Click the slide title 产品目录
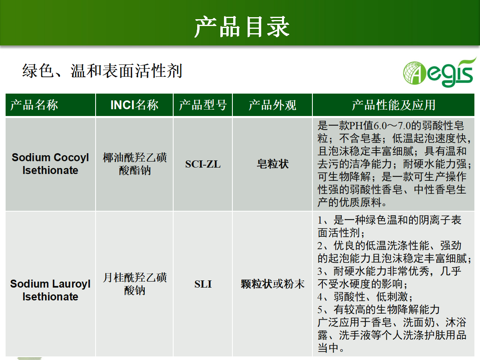[x=242, y=27]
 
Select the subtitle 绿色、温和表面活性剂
[x=102, y=71]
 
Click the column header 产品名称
[x=34, y=105]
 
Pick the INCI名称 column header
[x=134, y=105]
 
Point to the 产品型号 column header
[x=203, y=105]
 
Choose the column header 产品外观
[x=272, y=105]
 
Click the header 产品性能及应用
[x=394, y=105]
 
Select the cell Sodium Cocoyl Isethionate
[x=50, y=164]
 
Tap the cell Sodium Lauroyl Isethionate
[x=50, y=290]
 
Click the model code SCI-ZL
[x=203, y=164]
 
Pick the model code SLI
[x=203, y=284]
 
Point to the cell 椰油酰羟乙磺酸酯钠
[x=135, y=164]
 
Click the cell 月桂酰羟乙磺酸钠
[x=135, y=284]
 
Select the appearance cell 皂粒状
[x=272, y=164]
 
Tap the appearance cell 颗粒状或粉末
[x=272, y=284]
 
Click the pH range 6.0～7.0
[x=392, y=126]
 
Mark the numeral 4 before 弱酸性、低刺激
[x=320, y=297]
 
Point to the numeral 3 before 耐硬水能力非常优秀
[x=320, y=272]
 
